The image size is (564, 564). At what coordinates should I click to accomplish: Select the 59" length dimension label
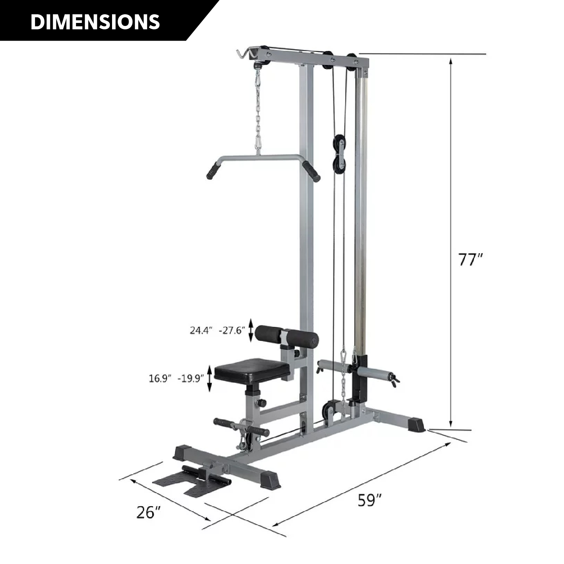[370, 500]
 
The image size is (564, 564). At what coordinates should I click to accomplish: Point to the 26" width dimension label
[149, 512]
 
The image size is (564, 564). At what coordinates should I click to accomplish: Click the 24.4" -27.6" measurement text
[217, 331]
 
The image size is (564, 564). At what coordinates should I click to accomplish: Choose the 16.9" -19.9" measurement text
[176, 378]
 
